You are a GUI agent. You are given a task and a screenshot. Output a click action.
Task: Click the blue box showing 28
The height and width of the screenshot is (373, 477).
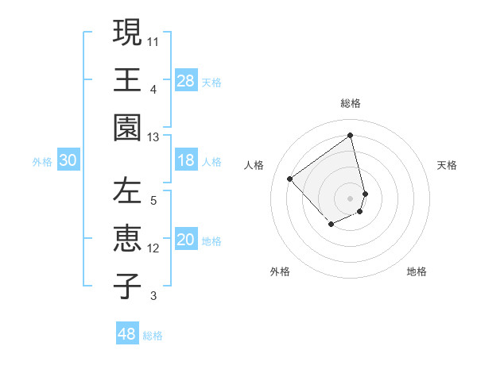(x=186, y=80)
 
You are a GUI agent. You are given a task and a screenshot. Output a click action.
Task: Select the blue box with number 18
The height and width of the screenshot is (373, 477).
(x=186, y=160)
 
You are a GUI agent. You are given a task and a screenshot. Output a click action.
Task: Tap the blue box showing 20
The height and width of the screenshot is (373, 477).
(x=186, y=240)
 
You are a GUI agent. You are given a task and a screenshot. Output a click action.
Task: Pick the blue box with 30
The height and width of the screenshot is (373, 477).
(x=68, y=160)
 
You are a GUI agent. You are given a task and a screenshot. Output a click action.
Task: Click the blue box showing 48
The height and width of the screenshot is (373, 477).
(x=127, y=334)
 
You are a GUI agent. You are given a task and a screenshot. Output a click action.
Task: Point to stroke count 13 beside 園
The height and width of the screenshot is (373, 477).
(x=153, y=137)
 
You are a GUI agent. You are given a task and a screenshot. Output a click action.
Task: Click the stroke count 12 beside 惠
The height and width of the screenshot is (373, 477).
(x=153, y=248)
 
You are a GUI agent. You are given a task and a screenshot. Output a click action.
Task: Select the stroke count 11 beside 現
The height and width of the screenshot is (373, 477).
(x=153, y=40)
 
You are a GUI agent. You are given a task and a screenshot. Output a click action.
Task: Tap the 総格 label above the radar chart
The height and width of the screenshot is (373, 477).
(x=351, y=103)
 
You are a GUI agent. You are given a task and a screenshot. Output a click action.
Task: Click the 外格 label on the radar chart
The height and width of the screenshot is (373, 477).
(x=280, y=271)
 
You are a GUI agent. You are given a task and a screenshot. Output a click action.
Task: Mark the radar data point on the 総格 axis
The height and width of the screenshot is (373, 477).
(x=351, y=135)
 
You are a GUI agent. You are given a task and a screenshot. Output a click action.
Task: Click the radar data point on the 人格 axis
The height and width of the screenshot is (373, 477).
(x=290, y=179)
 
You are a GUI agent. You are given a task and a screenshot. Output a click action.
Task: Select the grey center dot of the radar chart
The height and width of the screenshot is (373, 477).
(x=351, y=198)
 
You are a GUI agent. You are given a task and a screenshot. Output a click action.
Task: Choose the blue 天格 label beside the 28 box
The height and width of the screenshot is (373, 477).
(x=211, y=82)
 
